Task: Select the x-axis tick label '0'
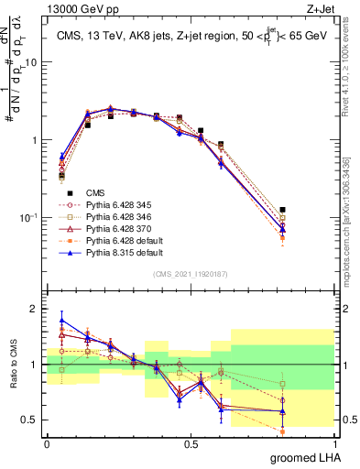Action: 47,443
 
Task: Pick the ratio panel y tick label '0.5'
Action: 29,420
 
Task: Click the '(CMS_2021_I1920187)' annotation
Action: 190,274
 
